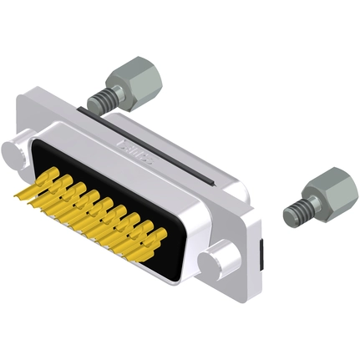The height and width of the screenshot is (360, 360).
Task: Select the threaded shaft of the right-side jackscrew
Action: [297, 210]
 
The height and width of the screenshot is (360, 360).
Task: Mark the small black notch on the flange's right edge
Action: [261, 249]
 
